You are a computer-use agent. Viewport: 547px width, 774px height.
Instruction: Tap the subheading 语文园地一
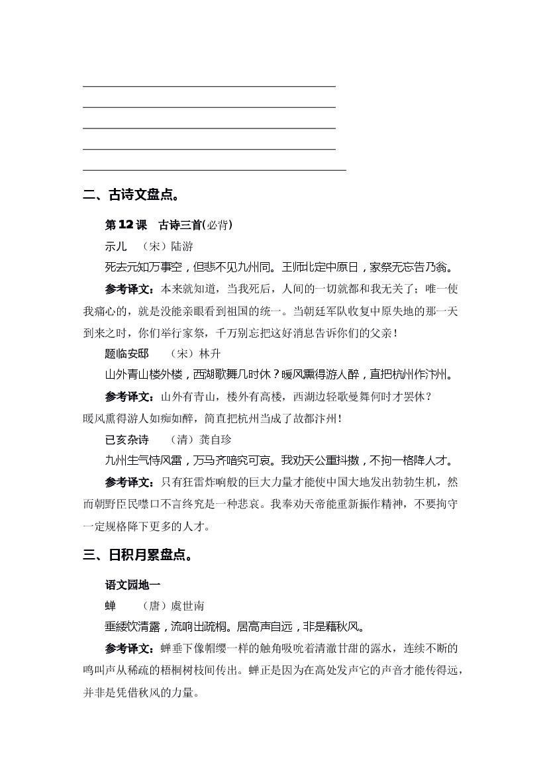tap(132, 585)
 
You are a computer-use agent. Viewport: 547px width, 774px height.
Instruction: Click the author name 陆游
tap(181, 246)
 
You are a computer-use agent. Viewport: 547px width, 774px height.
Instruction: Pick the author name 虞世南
tap(187, 606)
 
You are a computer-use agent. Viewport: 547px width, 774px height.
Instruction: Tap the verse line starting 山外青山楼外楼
tap(279, 375)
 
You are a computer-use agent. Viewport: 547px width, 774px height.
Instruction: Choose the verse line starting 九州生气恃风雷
tap(279, 460)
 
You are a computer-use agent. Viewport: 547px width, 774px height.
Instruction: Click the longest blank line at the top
tap(215, 170)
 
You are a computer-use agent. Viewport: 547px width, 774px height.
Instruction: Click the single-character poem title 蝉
tap(110, 606)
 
